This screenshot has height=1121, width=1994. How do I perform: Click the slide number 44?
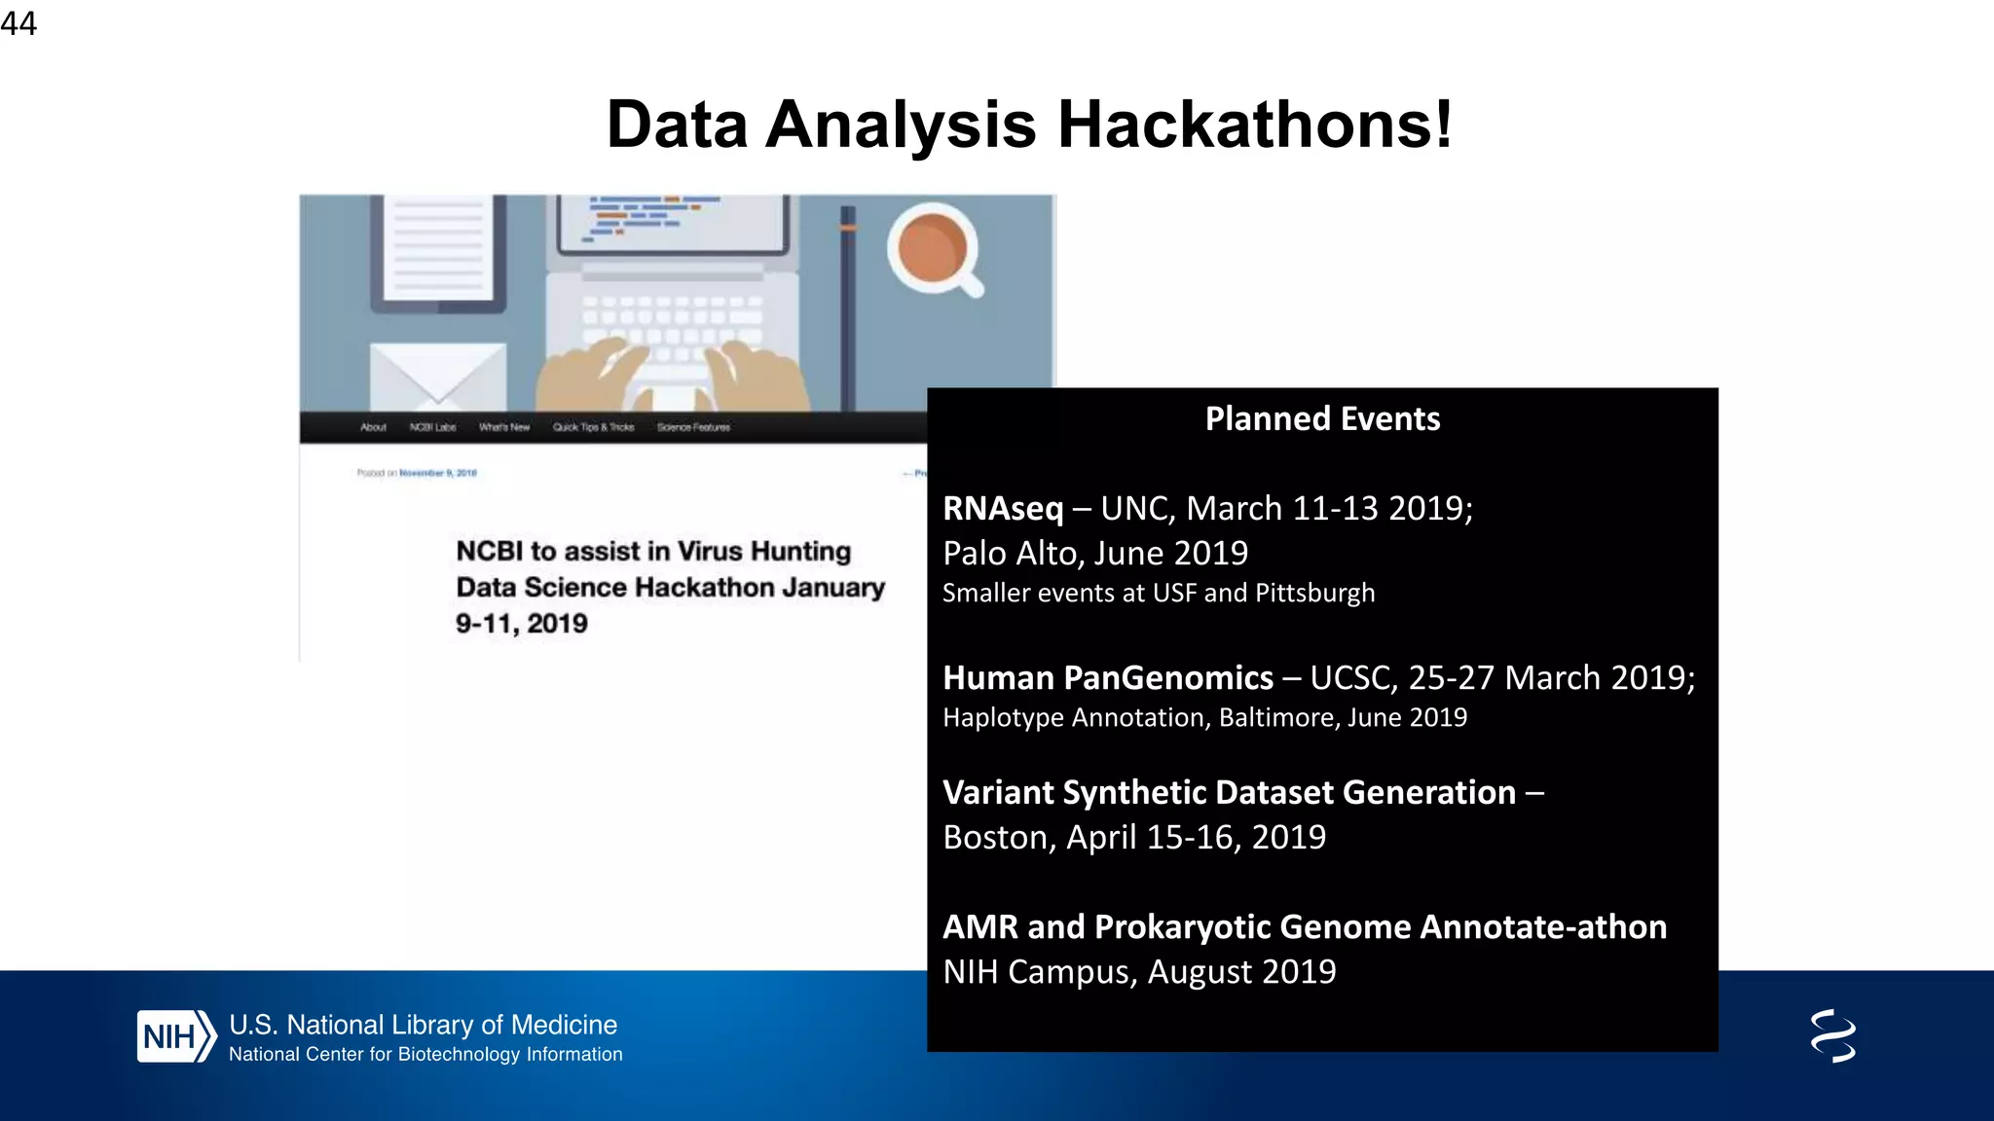[18, 23]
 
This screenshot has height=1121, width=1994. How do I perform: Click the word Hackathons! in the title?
[1255, 125]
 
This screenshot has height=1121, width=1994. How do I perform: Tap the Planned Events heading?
[1322, 418]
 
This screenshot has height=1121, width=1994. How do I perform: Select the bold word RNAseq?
[1003, 508]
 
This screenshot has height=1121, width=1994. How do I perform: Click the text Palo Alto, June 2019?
[1095, 553]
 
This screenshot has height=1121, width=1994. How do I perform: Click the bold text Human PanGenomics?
[1108, 677]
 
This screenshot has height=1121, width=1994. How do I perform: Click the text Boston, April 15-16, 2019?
[1134, 837]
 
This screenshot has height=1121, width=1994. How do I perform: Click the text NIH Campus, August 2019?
[1139, 971]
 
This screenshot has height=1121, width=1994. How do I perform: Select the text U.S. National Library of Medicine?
[423, 1025]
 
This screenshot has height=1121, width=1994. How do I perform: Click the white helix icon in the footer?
[1832, 1035]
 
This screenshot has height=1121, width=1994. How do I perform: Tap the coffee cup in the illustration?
[932, 248]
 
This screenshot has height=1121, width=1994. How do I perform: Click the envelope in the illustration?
[438, 376]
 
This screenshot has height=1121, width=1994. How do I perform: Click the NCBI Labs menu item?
[432, 427]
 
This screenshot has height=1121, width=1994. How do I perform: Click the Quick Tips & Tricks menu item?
[593, 427]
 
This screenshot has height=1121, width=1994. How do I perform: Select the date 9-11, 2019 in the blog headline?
[522, 624]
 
